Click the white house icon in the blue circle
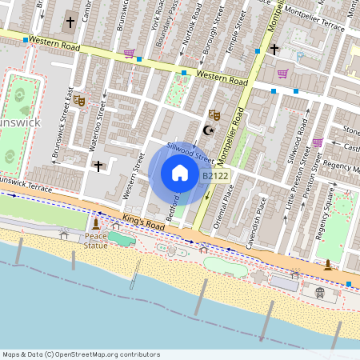point(180,173)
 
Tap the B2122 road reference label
point(216,176)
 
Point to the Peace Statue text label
point(96,241)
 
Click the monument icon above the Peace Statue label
point(96,223)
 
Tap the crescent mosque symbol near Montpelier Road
point(210,130)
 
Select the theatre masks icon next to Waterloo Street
point(78,100)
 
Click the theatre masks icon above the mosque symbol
point(214,115)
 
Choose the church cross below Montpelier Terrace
point(274,50)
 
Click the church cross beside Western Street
point(98,166)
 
